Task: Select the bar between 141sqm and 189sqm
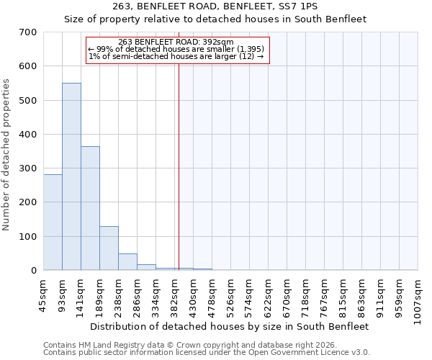pyautogui.click(x=90, y=208)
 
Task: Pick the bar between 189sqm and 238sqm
pyautogui.click(x=109, y=248)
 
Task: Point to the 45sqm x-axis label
pyautogui.click(x=44, y=295)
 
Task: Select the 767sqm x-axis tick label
pyautogui.click(x=325, y=297)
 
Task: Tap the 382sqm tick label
pyautogui.click(x=175, y=297)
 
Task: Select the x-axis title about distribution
pyautogui.click(x=230, y=326)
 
